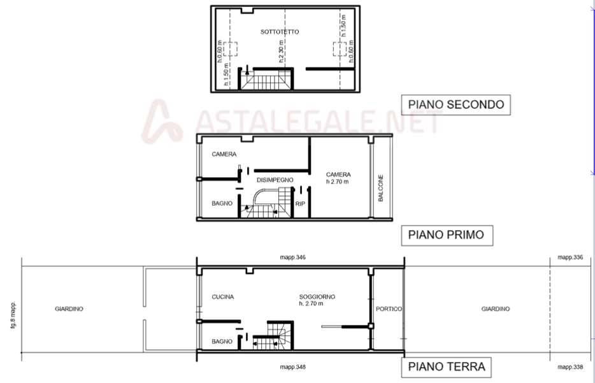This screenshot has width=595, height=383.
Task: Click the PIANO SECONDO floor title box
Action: click(x=455, y=105)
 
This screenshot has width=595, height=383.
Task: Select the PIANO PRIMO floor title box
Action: click(x=447, y=235)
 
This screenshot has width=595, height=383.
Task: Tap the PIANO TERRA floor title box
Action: click(x=446, y=367)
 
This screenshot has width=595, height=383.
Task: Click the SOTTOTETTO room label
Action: click(x=280, y=32)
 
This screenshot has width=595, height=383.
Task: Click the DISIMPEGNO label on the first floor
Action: click(x=275, y=180)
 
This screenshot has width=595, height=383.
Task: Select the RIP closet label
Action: click(x=300, y=204)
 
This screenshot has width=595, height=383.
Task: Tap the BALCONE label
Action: click(x=380, y=188)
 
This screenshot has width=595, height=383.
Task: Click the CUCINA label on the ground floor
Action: click(x=223, y=297)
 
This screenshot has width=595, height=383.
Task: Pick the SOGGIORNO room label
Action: click(x=317, y=297)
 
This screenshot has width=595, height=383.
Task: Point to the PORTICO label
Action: click(x=389, y=309)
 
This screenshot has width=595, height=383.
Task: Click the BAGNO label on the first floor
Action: click(x=222, y=203)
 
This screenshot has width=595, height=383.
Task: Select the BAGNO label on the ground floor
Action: click(x=222, y=342)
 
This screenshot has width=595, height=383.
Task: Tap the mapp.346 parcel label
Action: click(x=292, y=257)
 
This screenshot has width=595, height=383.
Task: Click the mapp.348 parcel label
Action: click(x=292, y=367)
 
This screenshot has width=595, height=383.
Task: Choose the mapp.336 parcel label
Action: click(x=570, y=257)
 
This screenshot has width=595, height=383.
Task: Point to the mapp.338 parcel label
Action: click(x=570, y=367)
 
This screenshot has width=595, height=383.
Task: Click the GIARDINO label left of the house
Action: click(x=69, y=309)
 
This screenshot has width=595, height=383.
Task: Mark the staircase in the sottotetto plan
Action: click(x=265, y=79)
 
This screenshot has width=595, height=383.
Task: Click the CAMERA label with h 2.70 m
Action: click(x=338, y=178)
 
